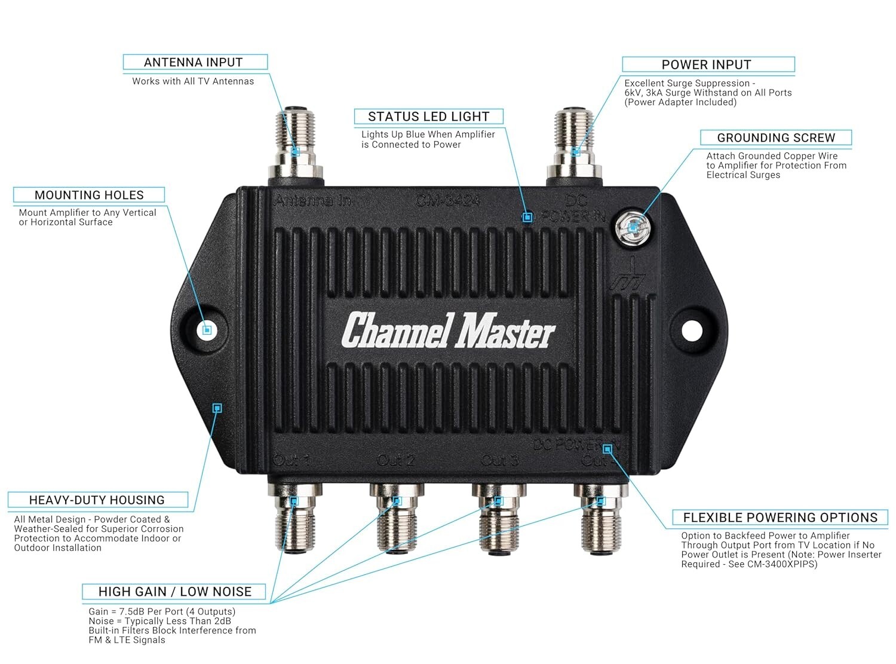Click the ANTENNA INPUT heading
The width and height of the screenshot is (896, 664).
coord(194,62)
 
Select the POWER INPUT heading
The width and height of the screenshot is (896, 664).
coord(706,65)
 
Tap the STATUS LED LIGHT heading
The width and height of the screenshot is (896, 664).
coord(428,117)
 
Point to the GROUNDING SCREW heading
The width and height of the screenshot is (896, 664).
coord(776,137)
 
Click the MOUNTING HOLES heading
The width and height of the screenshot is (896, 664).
coord(89,195)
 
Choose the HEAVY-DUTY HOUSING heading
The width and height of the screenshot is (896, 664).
coord(97,500)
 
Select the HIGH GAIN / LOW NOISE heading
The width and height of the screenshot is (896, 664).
coord(174,592)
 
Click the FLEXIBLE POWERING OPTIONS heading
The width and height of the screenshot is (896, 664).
coord(780,518)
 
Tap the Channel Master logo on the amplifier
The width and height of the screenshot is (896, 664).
coord(448,331)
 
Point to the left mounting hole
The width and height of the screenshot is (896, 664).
coord(206,329)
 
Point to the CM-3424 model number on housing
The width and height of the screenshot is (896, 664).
coord(448,200)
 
